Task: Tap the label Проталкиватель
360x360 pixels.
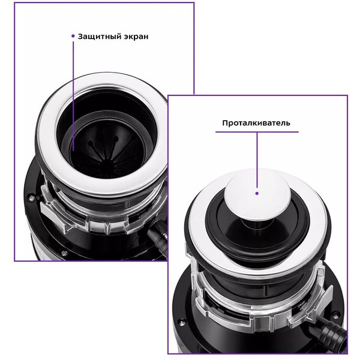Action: point(256,123)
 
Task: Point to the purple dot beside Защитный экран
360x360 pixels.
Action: point(73,36)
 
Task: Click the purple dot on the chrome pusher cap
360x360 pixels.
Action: point(257,194)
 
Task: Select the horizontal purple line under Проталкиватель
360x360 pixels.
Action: point(257,132)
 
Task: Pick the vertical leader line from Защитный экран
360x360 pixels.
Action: point(73,96)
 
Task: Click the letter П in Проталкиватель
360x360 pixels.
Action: point(225,123)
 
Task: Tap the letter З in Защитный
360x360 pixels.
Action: point(80,37)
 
